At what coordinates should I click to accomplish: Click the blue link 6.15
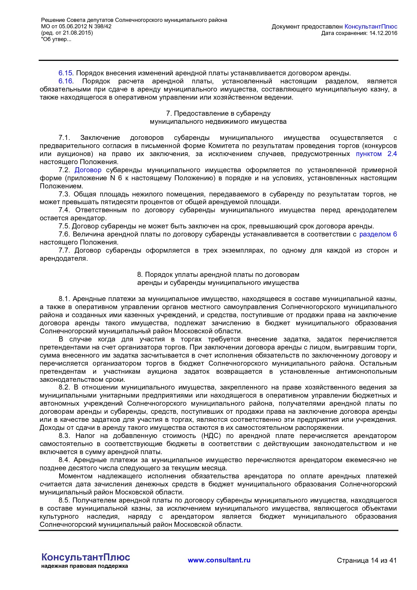click(x=66, y=73)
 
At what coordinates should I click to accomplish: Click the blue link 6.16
click(x=66, y=81)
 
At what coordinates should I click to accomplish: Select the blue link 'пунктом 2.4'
click(x=376, y=154)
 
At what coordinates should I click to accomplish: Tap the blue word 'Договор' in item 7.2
click(x=88, y=170)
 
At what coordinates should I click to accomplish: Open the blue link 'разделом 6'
click(x=378, y=234)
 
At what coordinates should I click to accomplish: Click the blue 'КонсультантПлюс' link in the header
click(x=371, y=27)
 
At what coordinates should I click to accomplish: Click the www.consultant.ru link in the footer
click(x=219, y=560)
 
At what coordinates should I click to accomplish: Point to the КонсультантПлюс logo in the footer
click(x=85, y=557)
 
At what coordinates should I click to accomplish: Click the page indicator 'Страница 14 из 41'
click(x=367, y=560)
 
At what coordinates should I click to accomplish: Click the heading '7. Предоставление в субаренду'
click(x=218, y=113)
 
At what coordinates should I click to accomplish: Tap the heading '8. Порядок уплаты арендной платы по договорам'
click(x=218, y=274)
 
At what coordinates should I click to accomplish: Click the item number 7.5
click(x=64, y=226)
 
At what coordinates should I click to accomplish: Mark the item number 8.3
click(x=64, y=436)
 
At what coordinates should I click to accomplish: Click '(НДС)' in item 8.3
click(x=211, y=436)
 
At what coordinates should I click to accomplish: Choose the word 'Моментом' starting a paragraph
click(x=75, y=476)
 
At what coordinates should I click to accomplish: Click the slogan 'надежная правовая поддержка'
click(x=84, y=566)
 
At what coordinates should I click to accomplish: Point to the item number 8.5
click(x=64, y=500)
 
